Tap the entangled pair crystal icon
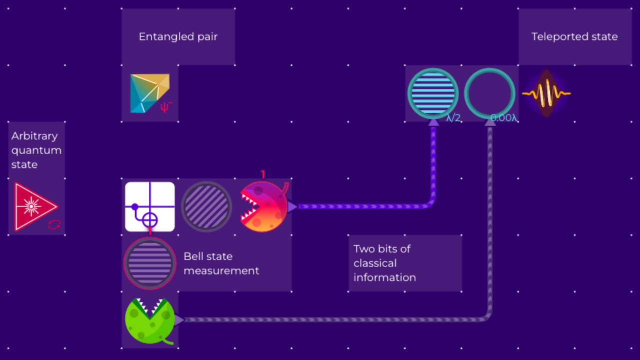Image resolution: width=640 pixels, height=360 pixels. click(x=148, y=93)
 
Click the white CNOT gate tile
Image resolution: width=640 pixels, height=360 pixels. click(x=150, y=206)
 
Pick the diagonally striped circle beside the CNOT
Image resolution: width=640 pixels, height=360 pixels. click(x=206, y=206)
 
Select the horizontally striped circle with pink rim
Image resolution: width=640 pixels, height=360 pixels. click(x=149, y=263)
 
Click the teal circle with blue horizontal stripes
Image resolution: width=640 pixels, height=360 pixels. click(x=433, y=93)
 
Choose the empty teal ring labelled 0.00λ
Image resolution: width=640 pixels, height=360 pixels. click(x=489, y=93)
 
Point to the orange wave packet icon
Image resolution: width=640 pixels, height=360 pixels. click(x=546, y=93)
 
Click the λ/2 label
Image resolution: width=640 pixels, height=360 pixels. click(x=453, y=118)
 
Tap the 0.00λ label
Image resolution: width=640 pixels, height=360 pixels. click(x=503, y=118)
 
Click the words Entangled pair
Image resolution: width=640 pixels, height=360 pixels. click(x=178, y=36)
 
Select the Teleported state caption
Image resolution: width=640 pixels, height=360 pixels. click(x=574, y=36)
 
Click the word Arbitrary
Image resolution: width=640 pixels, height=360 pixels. click(x=34, y=136)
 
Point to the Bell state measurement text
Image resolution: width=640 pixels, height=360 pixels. click(x=221, y=263)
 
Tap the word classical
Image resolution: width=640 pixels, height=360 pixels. click(x=375, y=263)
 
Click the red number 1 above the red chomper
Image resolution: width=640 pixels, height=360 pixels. click(x=263, y=174)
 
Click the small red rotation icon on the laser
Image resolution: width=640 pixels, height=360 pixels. click(x=54, y=224)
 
